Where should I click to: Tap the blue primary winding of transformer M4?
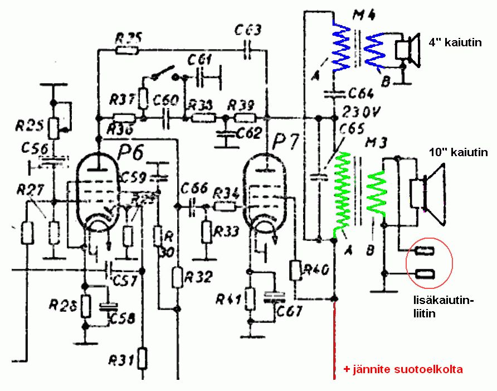(x=340, y=47)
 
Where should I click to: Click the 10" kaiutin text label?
(x=459, y=152)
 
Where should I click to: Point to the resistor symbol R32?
(x=177, y=276)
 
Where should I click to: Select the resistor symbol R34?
(x=225, y=207)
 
